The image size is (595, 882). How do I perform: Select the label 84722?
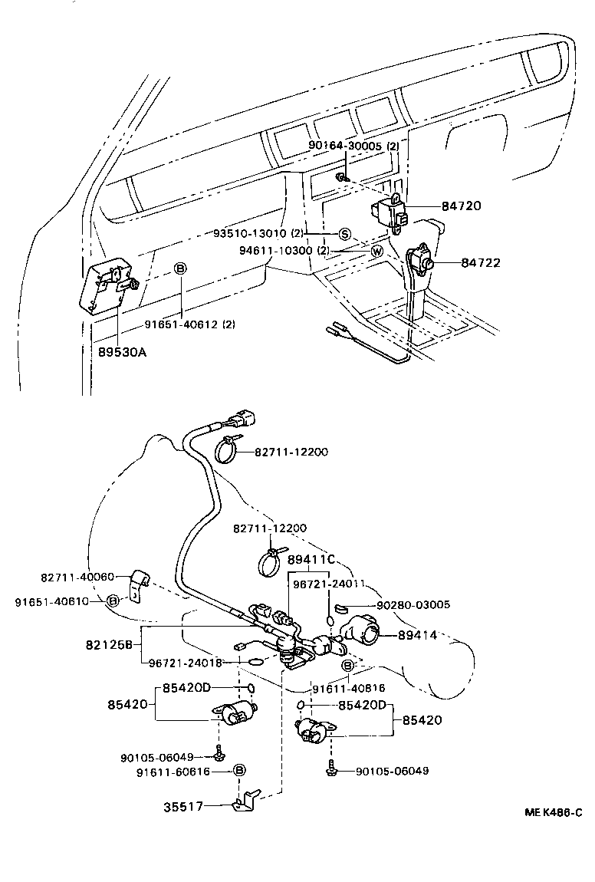click(x=481, y=263)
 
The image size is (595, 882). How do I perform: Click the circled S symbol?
click(x=344, y=233)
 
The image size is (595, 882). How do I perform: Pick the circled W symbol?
click(x=376, y=252)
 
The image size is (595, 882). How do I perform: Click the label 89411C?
click(x=311, y=559)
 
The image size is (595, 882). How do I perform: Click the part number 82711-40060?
click(x=77, y=577)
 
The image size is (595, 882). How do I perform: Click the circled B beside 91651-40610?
click(x=113, y=601)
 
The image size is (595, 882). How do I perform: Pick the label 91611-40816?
click(x=349, y=689)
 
